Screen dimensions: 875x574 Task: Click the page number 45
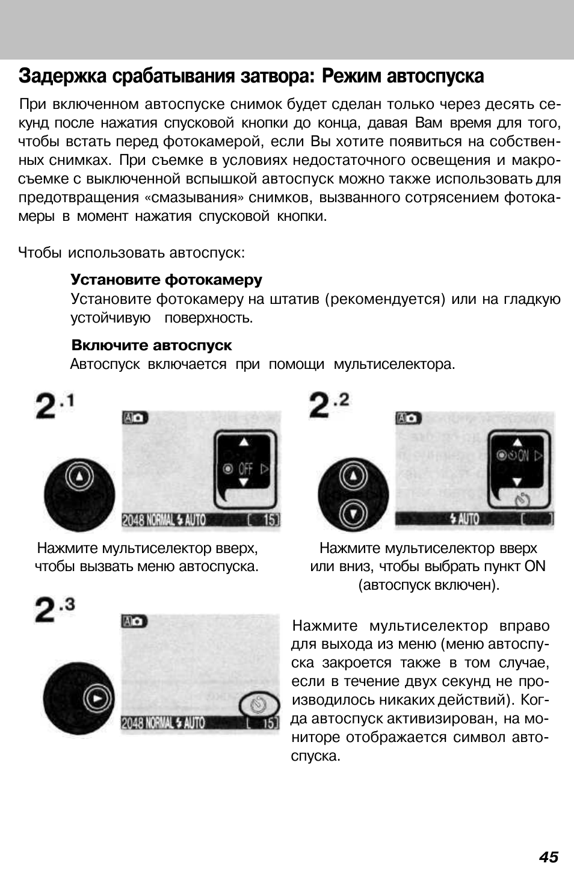[x=548, y=857]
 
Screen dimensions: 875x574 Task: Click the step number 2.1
[x=55, y=406]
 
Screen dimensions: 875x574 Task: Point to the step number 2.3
[x=55, y=610]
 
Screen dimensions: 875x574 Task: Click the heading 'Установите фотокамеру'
[x=167, y=280]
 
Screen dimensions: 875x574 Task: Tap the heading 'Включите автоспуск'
[x=152, y=345]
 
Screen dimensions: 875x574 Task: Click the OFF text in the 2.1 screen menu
[x=245, y=468]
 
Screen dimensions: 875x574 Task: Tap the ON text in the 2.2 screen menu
[x=523, y=456]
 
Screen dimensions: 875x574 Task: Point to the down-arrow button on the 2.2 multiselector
[x=353, y=513]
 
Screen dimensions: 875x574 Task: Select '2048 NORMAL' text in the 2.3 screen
[x=147, y=723]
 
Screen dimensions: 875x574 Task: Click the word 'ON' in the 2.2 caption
[x=534, y=566]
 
